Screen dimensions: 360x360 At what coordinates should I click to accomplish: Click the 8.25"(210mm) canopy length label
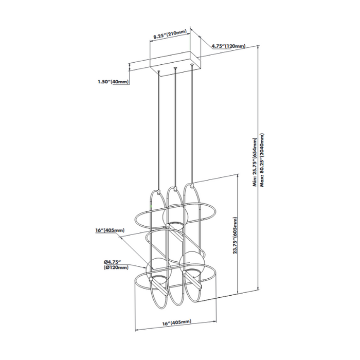[169, 37]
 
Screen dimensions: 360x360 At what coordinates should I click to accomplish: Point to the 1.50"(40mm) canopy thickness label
[112, 82]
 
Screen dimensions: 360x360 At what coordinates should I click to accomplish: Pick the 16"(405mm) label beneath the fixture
[175, 322]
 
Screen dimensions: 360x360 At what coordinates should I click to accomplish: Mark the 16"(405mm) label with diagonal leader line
[110, 231]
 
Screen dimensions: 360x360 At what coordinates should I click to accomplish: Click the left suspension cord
[158, 129]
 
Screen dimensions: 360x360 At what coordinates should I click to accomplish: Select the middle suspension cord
[175, 129]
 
